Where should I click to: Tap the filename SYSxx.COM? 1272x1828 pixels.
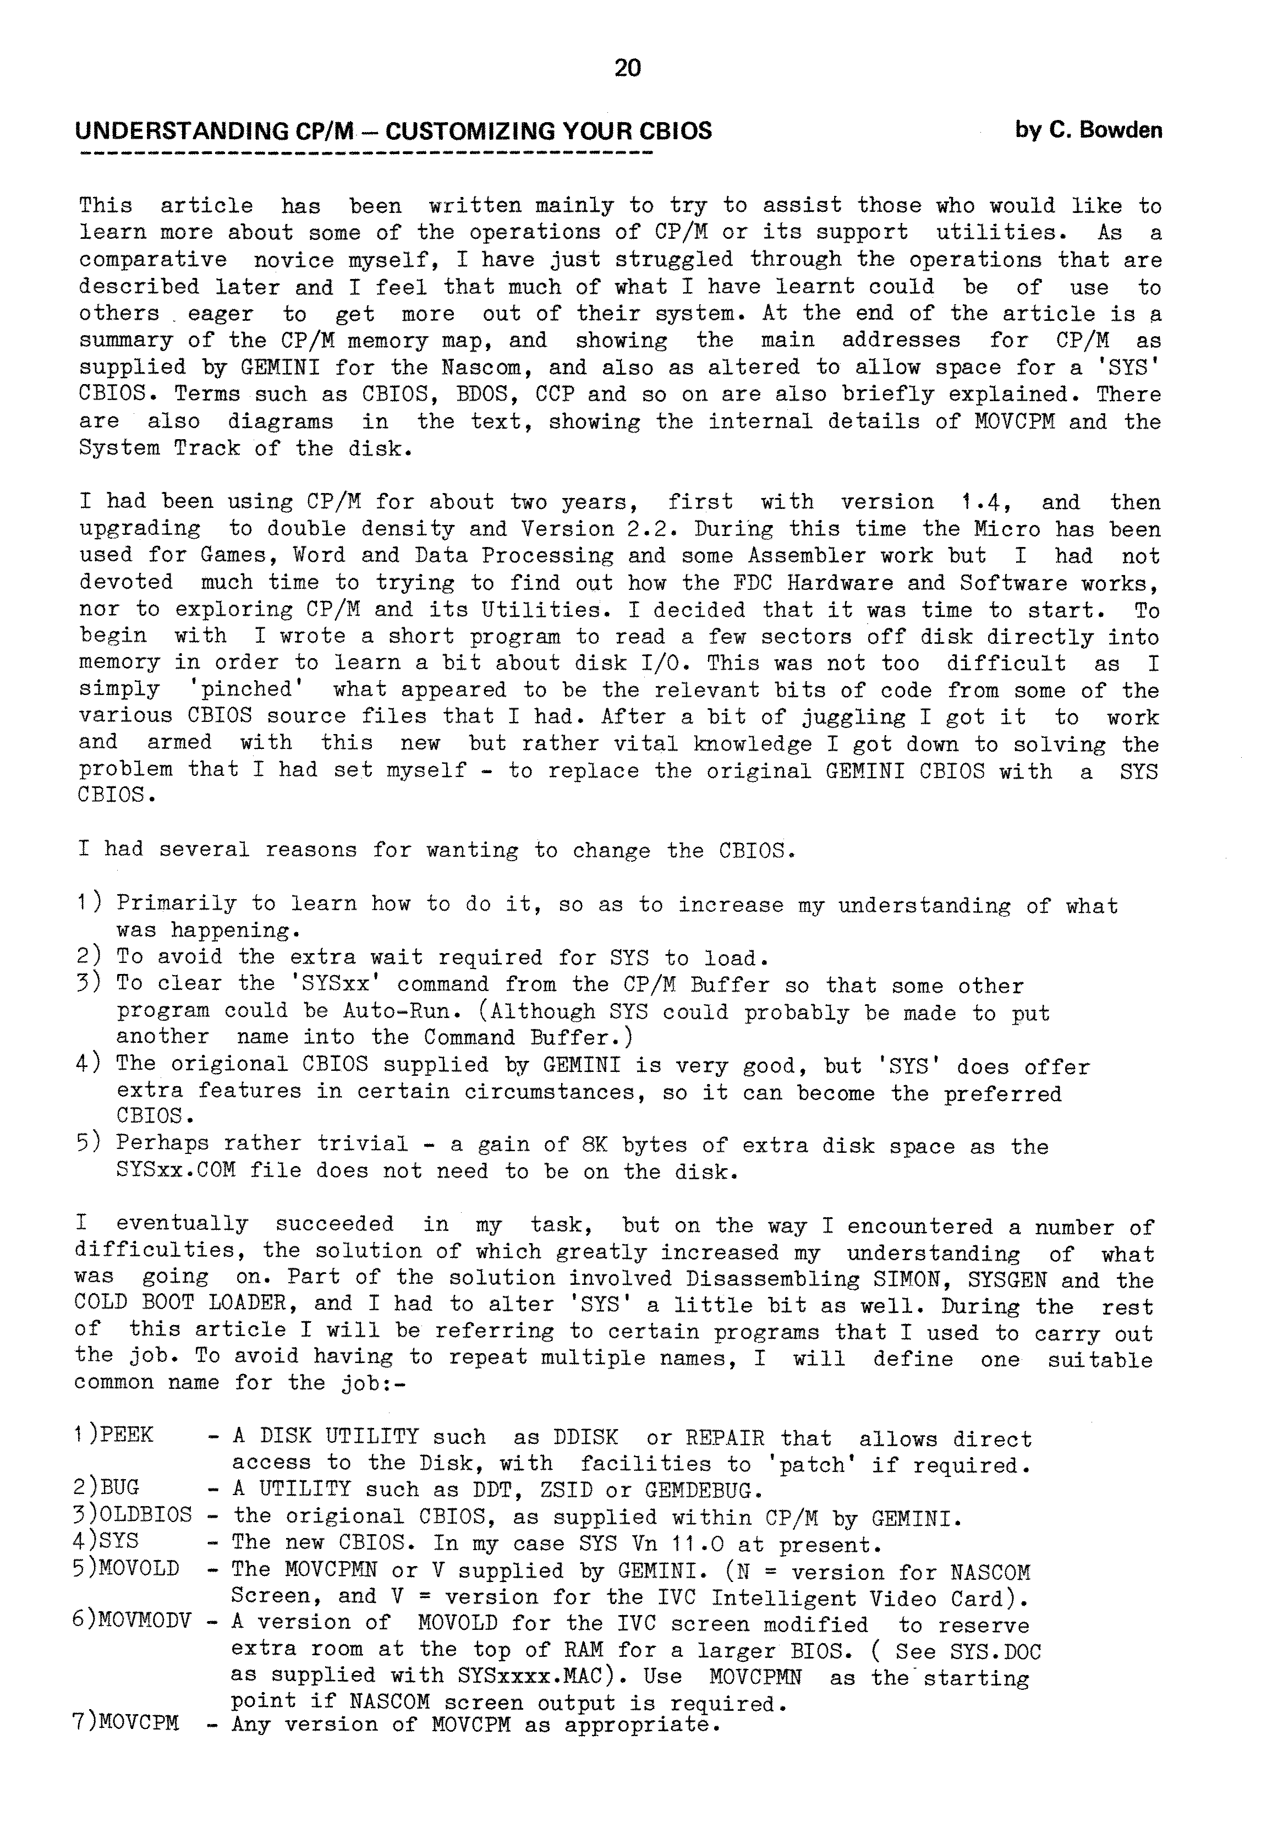pos(176,1171)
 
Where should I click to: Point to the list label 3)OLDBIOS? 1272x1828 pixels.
pos(132,1515)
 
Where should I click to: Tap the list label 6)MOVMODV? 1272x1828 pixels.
pos(132,1621)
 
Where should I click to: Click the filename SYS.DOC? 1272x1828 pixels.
pos(994,1649)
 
